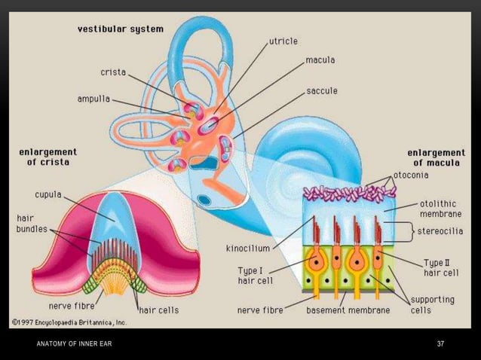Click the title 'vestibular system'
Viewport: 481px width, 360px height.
(120, 29)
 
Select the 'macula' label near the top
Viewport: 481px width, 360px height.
(321, 58)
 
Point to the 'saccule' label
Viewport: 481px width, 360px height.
(322, 90)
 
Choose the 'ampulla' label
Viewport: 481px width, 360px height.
(93, 98)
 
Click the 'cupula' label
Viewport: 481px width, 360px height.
(48, 193)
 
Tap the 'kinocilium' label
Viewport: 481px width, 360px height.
(248, 246)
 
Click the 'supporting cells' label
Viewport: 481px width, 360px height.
(433, 304)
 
